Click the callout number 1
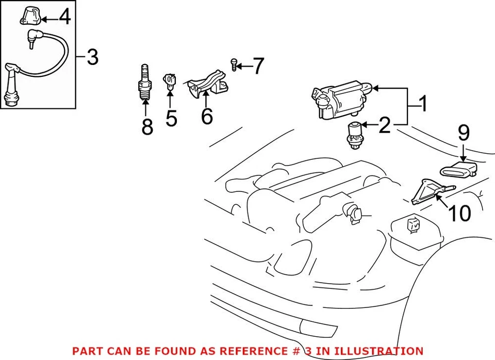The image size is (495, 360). pos(422,105)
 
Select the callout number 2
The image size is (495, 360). pos(384,125)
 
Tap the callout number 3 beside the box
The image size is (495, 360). pos(92,58)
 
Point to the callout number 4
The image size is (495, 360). pos(64,18)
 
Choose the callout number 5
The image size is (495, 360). pos(171,118)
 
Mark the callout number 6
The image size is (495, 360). pos(206,117)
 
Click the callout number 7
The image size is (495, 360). pos(258,66)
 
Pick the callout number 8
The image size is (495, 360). pos(147,126)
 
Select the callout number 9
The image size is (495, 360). pos(464,133)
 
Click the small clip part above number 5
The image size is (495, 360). pos(170,81)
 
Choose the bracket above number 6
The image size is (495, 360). pos(207,85)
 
